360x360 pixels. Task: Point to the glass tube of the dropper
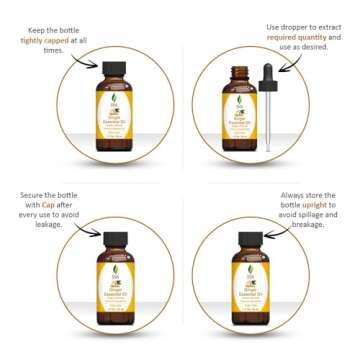click(x=267, y=125)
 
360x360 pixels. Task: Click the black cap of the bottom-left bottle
click(x=114, y=240)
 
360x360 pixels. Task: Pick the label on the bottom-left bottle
click(x=114, y=290)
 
